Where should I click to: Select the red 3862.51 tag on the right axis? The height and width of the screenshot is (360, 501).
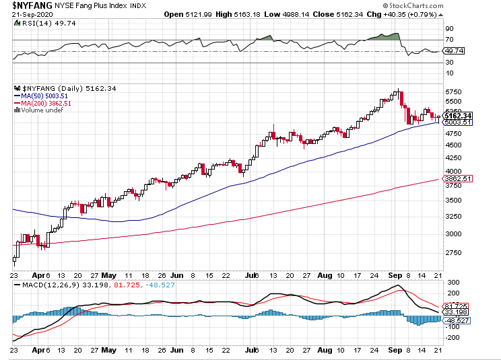pos(458,178)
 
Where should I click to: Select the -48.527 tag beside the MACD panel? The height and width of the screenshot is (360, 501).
pos(458,322)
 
